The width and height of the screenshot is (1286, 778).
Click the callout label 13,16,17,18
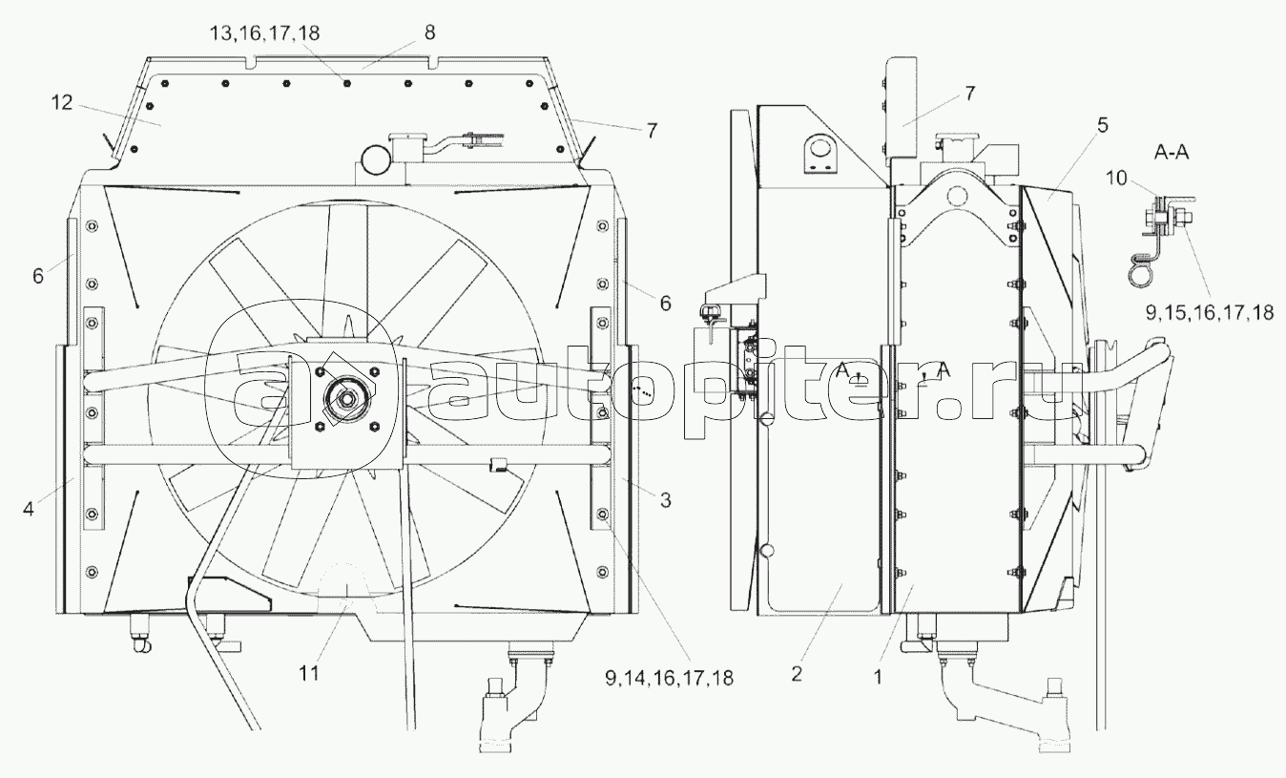click(265, 33)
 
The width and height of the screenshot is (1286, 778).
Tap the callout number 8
click(430, 32)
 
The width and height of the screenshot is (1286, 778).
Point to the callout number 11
click(306, 673)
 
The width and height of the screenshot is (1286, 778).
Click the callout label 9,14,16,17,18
click(668, 678)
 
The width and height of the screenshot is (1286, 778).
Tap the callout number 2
click(797, 673)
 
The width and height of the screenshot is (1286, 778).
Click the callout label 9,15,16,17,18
click(1208, 311)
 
